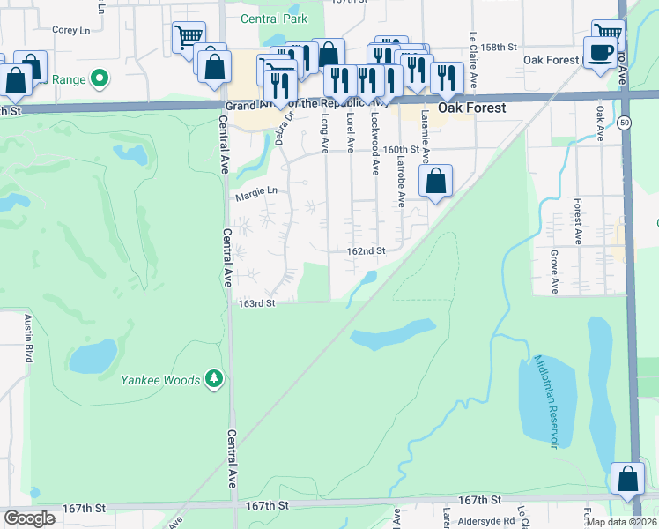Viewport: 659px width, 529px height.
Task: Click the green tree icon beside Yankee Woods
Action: [213, 379]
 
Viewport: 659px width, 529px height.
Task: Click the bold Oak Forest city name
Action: [473, 108]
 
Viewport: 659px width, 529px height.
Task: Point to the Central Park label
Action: [273, 19]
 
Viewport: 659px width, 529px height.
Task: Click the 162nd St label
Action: [366, 251]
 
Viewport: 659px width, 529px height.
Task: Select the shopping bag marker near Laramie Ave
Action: [435, 183]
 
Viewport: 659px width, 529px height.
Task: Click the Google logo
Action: [29, 518]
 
